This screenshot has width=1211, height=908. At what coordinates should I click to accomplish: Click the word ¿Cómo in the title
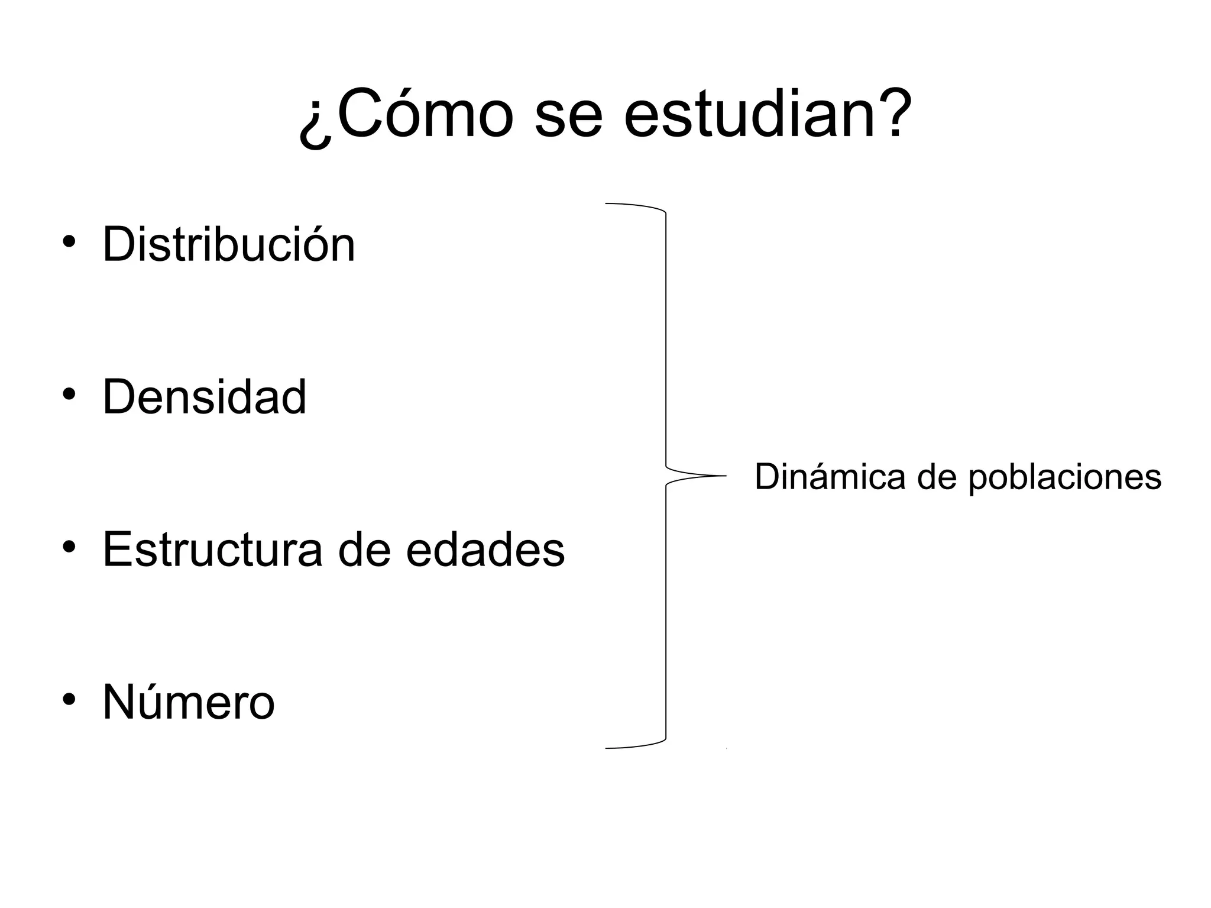point(406,115)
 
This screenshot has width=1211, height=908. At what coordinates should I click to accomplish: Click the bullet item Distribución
point(229,244)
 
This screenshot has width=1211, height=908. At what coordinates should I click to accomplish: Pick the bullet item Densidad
point(205,397)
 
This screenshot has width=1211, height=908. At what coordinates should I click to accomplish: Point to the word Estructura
point(213,550)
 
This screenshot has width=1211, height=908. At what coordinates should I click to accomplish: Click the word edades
point(485,550)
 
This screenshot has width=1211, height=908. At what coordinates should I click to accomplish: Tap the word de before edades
point(364,550)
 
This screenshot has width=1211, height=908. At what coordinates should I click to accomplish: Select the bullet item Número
point(189,702)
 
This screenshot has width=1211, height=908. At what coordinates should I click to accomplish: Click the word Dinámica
point(830,477)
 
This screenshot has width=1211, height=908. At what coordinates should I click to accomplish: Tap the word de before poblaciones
point(937,477)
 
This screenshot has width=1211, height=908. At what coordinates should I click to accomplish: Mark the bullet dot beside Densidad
point(69,395)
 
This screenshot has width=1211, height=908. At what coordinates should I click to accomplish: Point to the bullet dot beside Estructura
point(69,547)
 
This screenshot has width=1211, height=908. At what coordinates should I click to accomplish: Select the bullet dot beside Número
point(69,700)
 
